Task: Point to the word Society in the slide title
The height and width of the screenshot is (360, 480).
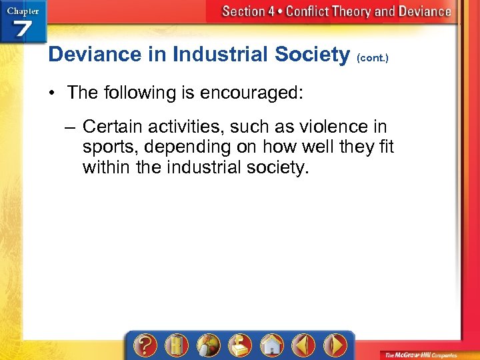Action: pyautogui.click(x=311, y=54)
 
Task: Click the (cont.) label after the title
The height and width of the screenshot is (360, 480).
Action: pyautogui.click(x=373, y=57)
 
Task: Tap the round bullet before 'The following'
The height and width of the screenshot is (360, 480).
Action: pyautogui.click(x=51, y=93)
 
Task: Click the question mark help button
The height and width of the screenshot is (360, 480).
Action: pyautogui.click(x=144, y=345)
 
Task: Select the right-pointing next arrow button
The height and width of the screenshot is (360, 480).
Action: pyautogui.click(x=335, y=345)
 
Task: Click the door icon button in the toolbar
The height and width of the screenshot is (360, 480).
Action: pyautogui.click(x=176, y=345)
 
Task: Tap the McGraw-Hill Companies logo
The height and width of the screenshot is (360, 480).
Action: pyautogui.click(x=427, y=354)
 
